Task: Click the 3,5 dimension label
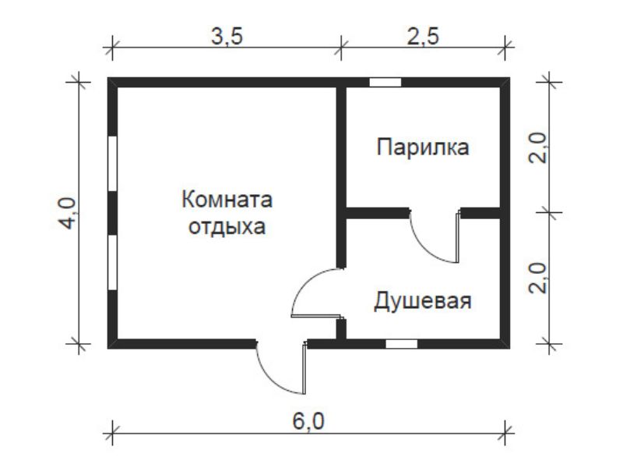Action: [x=227, y=37]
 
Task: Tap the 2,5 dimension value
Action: [x=423, y=37]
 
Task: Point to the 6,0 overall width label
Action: [x=308, y=421]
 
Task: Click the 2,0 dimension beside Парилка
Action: [x=538, y=147]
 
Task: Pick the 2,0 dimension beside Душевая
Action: [x=538, y=278]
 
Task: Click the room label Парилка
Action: [x=423, y=147]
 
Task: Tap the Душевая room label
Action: [x=423, y=301]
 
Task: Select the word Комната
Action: [x=227, y=200]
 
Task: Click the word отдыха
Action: [x=227, y=227]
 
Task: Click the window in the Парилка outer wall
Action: [x=385, y=83]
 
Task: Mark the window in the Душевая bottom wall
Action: [x=401, y=344]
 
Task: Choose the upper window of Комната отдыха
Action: [x=113, y=163]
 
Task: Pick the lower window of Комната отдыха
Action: [x=113, y=262]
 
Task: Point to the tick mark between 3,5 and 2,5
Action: [x=341, y=48]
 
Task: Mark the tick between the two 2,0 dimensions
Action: [x=550, y=212]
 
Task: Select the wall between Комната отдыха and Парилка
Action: [x=341, y=177]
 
